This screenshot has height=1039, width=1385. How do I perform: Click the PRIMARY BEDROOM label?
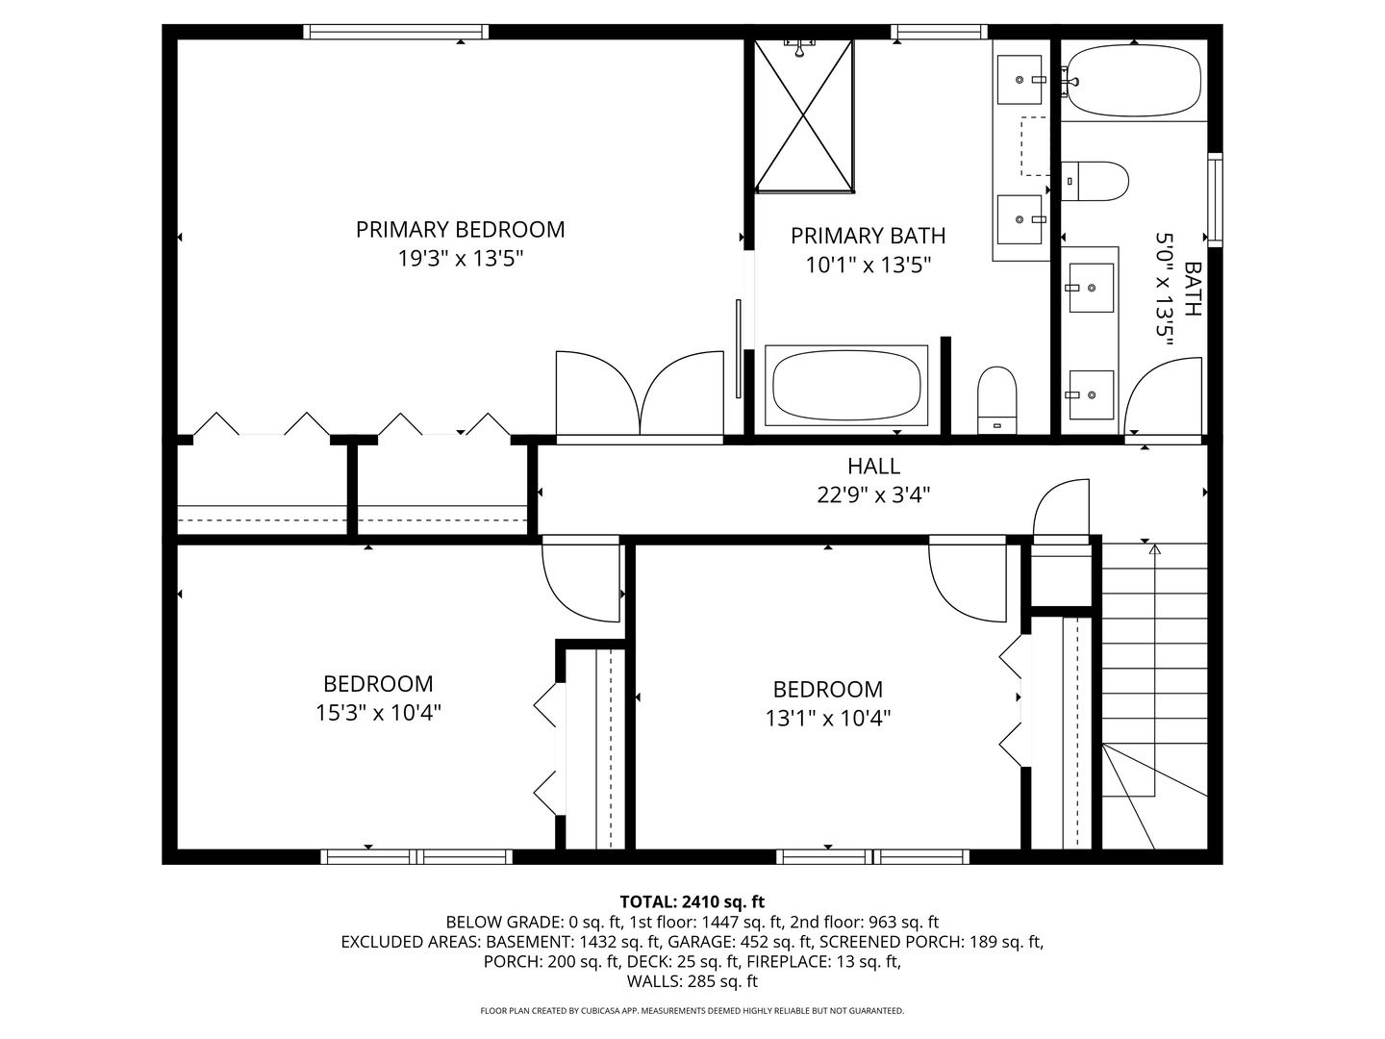[x=460, y=229]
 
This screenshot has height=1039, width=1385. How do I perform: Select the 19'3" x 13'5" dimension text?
[x=460, y=259]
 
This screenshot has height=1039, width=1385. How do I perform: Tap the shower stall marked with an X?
[x=803, y=115]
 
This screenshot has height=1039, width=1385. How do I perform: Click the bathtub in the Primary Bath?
[x=845, y=386]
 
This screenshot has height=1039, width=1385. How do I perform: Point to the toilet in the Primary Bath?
[x=997, y=398]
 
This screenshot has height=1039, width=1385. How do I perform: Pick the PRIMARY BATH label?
[x=868, y=236]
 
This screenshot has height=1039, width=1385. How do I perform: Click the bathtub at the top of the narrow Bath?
[x=1135, y=80]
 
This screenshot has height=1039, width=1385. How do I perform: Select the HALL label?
[x=873, y=467]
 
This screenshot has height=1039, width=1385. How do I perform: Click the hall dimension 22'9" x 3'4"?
[x=873, y=495]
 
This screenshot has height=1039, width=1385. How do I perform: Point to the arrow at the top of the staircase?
[x=1155, y=549]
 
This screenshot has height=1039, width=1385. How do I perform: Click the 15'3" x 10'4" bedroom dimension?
[x=378, y=713]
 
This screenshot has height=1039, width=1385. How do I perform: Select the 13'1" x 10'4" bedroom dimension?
[x=827, y=719]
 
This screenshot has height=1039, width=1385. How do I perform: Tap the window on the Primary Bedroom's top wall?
[x=395, y=32]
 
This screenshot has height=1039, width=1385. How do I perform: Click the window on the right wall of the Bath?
[x=1216, y=200]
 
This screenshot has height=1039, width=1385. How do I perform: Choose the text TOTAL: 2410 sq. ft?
[x=692, y=901]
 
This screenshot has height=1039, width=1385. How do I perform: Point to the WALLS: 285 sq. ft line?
[x=692, y=982]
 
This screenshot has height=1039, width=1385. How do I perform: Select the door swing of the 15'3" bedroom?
[x=581, y=582]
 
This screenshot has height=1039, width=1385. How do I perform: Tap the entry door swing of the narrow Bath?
[x=1163, y=397]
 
